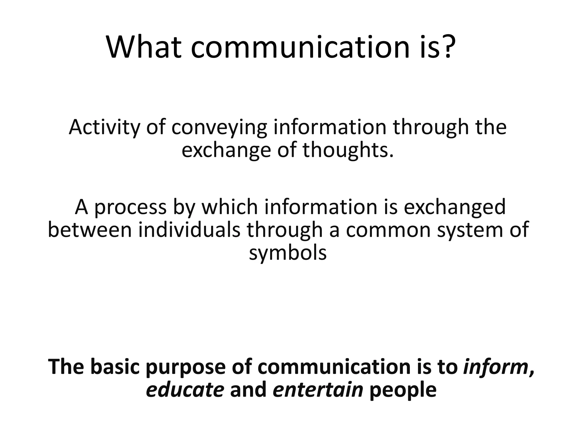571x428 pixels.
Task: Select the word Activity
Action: coord(104,128)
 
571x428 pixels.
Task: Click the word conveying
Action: coord(219,128)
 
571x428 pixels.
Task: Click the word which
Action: coord(230,207)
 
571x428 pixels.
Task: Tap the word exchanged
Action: coord(454,208)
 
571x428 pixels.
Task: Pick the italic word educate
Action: coord(185,390)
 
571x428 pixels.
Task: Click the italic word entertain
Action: coord(318,390)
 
